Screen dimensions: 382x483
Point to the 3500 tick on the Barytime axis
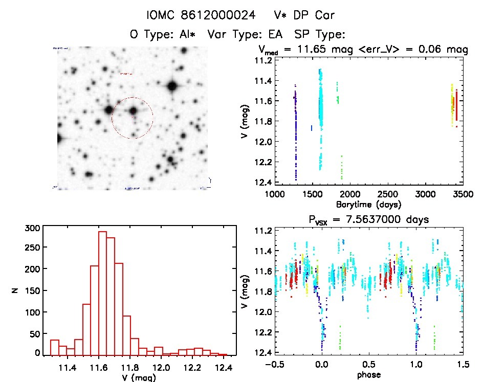(453, 194)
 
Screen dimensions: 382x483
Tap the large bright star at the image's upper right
(171, 86)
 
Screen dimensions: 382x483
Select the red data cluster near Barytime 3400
(456, 105)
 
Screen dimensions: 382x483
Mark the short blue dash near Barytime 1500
(311, 128)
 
